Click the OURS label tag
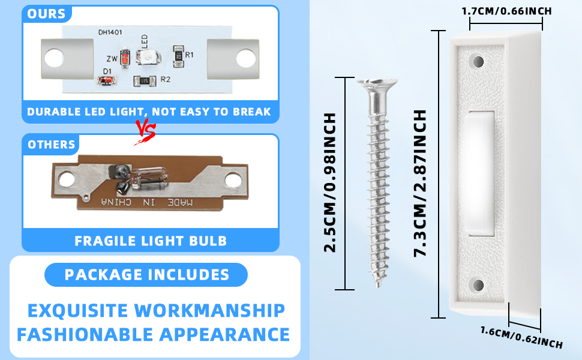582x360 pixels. [x=46, y=14]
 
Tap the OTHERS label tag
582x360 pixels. [x=51, y=144]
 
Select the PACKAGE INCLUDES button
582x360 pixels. [x=146, y=275]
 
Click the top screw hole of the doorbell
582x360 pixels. [x=478, y=61]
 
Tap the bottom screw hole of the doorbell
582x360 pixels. [x=478, y=286]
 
